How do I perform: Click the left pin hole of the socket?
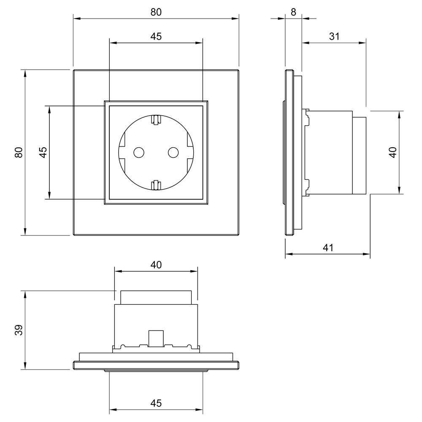pos(138,152)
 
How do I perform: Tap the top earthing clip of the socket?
pos(156,120)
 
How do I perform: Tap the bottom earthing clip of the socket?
pos(156,184)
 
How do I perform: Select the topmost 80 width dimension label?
pos(156,12)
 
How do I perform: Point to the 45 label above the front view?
pos(156,37)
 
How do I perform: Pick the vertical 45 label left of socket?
pos(43,152)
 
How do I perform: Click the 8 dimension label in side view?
pos(294,12)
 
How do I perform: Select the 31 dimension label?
pos(334,36)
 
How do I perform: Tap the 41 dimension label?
pos(328,248)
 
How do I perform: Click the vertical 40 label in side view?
pos(393,152)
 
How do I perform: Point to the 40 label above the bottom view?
pos(156,265)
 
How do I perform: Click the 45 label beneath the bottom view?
pos(156,403)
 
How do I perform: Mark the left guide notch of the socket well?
pos(122,152)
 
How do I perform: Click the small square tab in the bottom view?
pos(156,338)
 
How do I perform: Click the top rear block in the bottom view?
pos(156,297)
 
